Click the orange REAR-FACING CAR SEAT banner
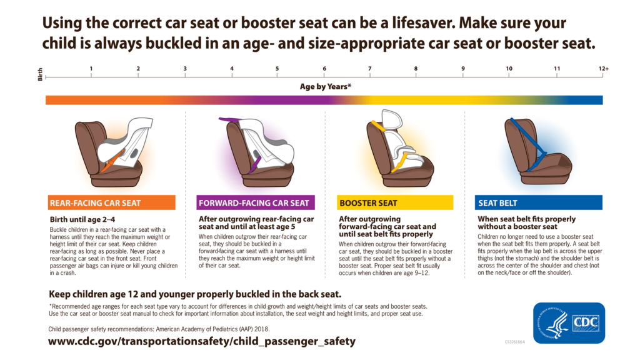(x=112, y=203)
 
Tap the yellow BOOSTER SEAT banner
(x=395, y=203)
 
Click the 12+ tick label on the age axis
(x=602, y=68)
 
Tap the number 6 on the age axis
(x=324, y=68)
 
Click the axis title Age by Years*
(x=325, y=87)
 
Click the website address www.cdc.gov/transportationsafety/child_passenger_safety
(x=202, y=342)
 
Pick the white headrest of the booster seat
(x=393, y=120)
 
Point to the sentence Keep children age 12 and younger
(x=195, y=294)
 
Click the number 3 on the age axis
(x=185, y=68)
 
